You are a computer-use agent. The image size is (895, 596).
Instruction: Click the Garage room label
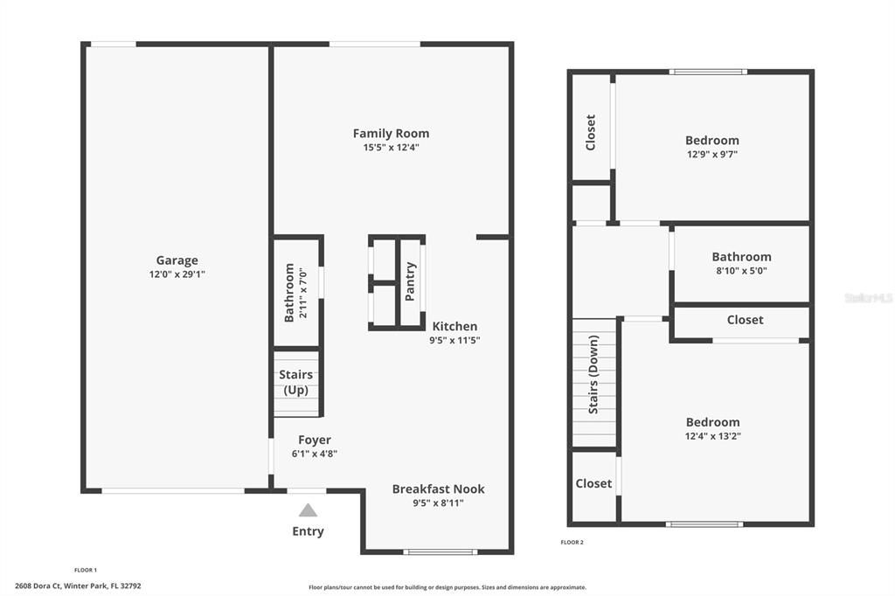tap(177, 260)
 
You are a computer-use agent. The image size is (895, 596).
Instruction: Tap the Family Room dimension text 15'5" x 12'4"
tap(391, 148)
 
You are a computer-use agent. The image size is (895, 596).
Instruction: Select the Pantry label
tap(410, 281)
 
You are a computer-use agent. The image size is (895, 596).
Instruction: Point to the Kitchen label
tap(454, 326)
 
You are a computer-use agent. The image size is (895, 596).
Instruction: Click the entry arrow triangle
tap(308, 510)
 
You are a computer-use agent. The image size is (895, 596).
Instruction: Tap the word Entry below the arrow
tap(308, 531)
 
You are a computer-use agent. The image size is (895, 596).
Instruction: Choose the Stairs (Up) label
tap(296, 383)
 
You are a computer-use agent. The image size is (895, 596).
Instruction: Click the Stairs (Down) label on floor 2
tap(593, 374)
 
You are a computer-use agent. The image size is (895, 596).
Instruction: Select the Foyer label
tap(315, 440)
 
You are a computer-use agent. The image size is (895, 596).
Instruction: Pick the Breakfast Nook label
tap(438, 489)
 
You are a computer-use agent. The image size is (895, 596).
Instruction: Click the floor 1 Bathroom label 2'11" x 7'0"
tap(294, 293)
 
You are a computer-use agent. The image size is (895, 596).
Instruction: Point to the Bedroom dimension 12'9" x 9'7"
tap(711, 154)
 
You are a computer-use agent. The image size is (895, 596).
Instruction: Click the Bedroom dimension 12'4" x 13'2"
tap(711, 436)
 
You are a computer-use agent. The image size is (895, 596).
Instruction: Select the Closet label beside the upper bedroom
tap(591, 132)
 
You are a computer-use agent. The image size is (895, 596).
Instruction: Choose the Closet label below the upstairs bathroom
tap(745, 320)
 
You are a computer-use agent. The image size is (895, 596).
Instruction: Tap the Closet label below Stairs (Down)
tap(593, 483)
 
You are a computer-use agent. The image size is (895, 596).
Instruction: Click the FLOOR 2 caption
tap(572, 542)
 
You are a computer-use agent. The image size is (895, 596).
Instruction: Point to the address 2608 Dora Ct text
tap(78, 586)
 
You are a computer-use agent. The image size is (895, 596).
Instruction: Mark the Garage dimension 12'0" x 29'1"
tap(177, 274)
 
